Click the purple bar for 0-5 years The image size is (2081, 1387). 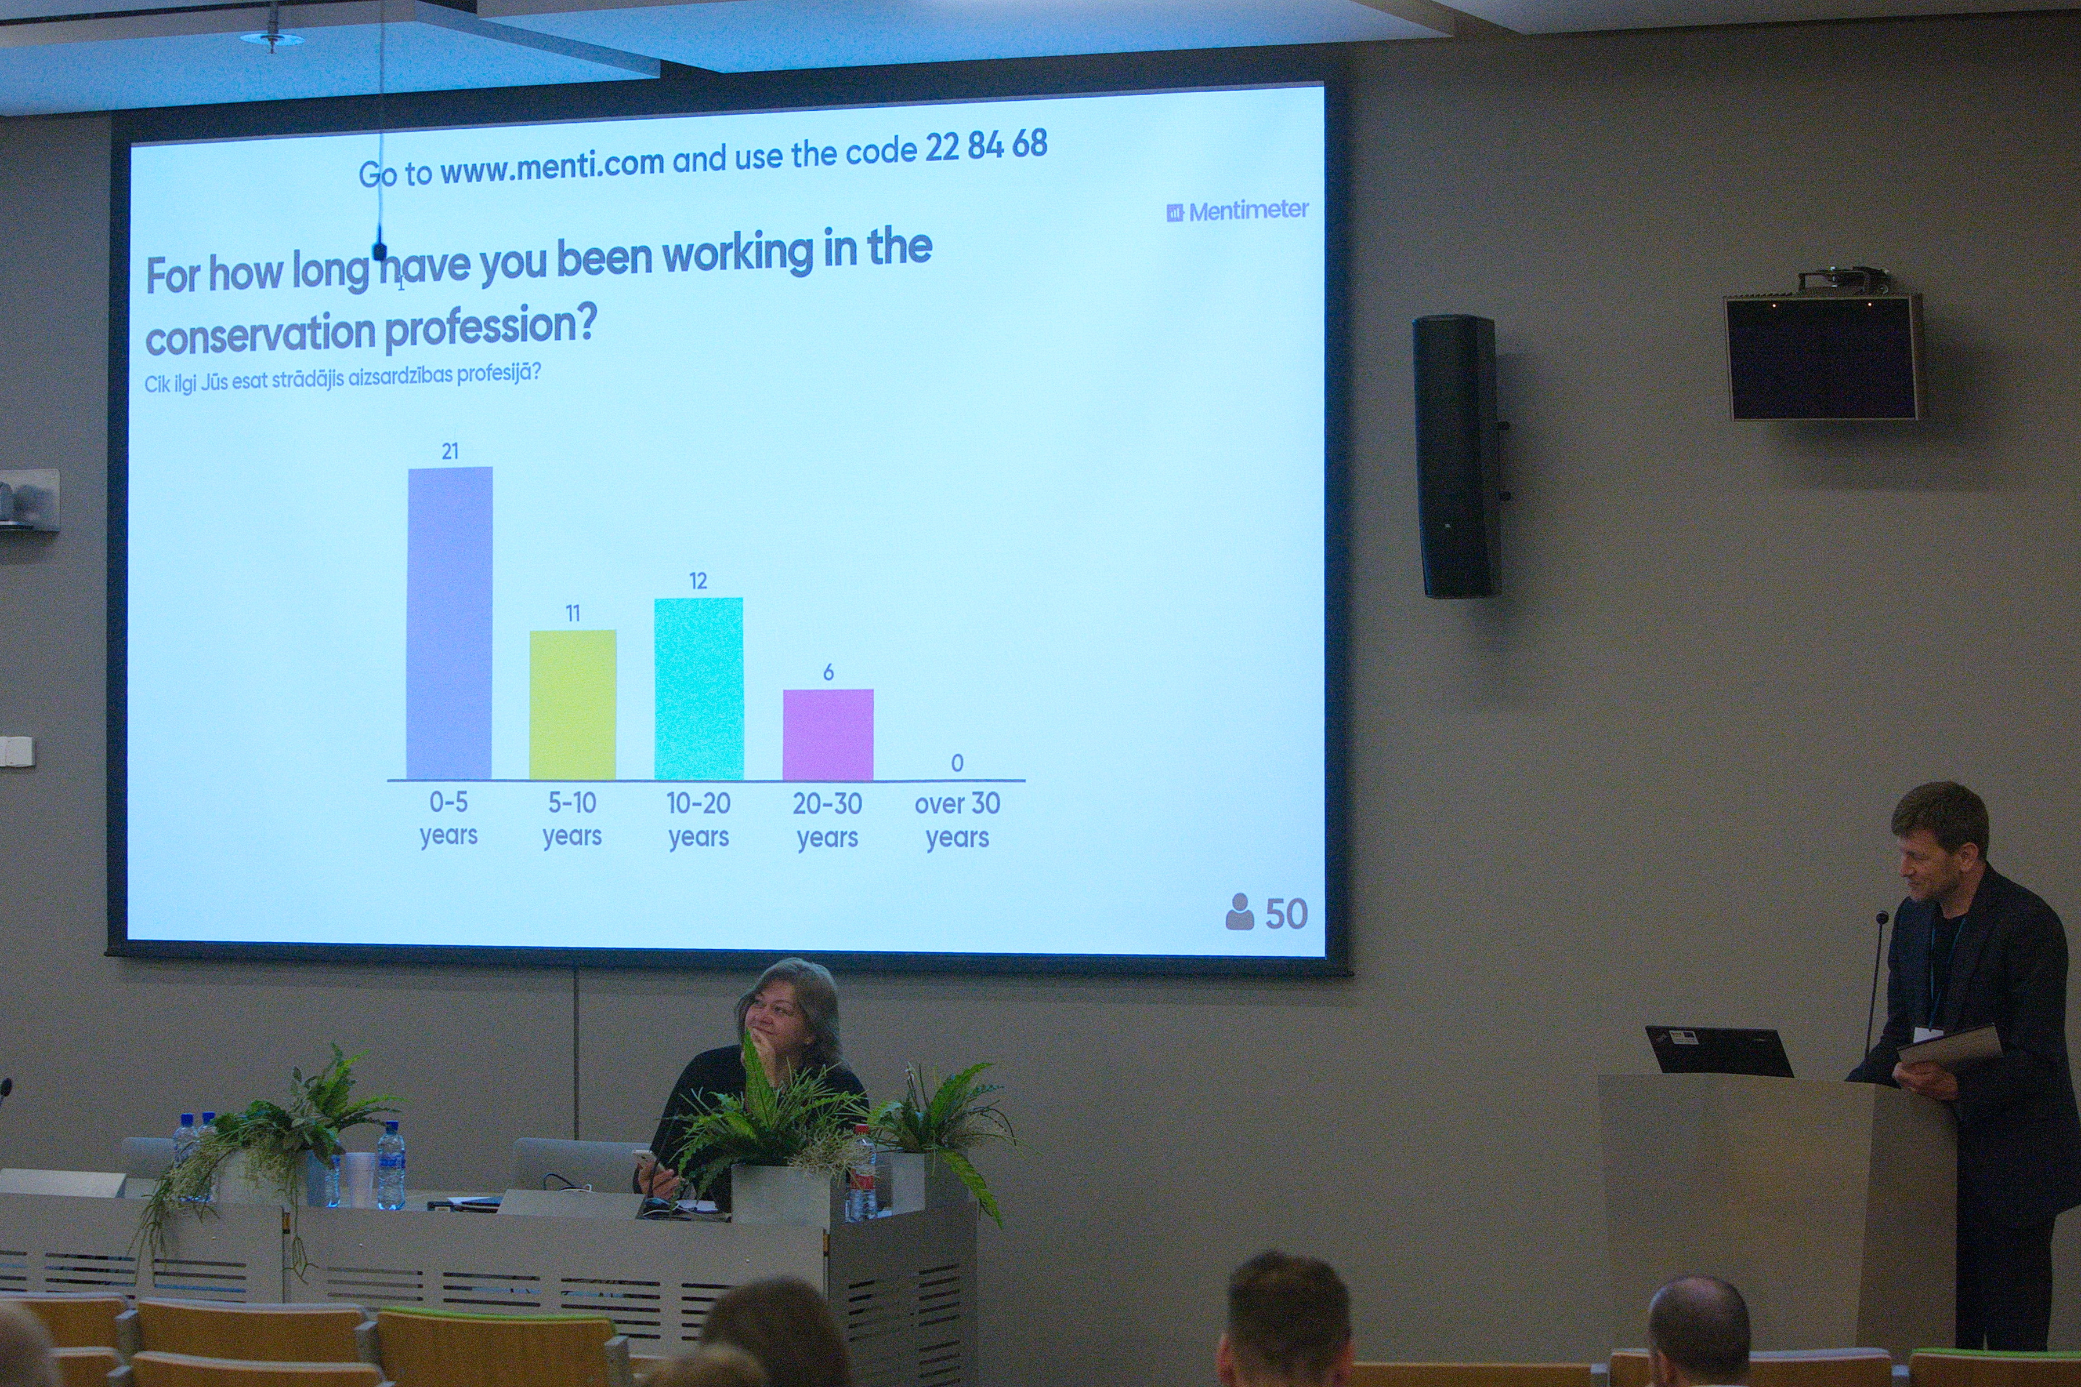(450, 623)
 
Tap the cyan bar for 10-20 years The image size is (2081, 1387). (699, 688)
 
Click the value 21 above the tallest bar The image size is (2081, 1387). (450, 451)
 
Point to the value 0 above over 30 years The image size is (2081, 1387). (957, 763)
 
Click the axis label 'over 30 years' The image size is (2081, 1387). (957, 819)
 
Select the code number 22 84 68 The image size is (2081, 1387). (986, 145)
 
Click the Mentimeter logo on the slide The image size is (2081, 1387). (1237, 210)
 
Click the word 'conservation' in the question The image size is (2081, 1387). (261, 333)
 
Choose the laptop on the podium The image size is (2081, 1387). (1718, 1051)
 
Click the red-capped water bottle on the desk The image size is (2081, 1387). (861, 1174)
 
